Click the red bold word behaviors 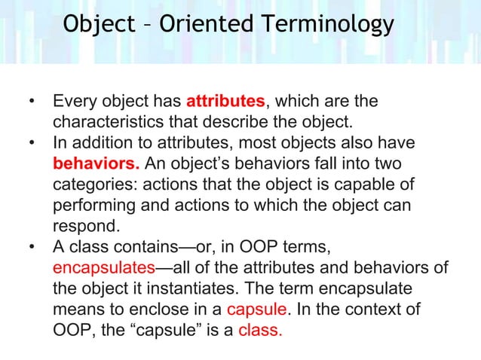pos(97,164)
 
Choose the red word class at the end pos(260,330)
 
